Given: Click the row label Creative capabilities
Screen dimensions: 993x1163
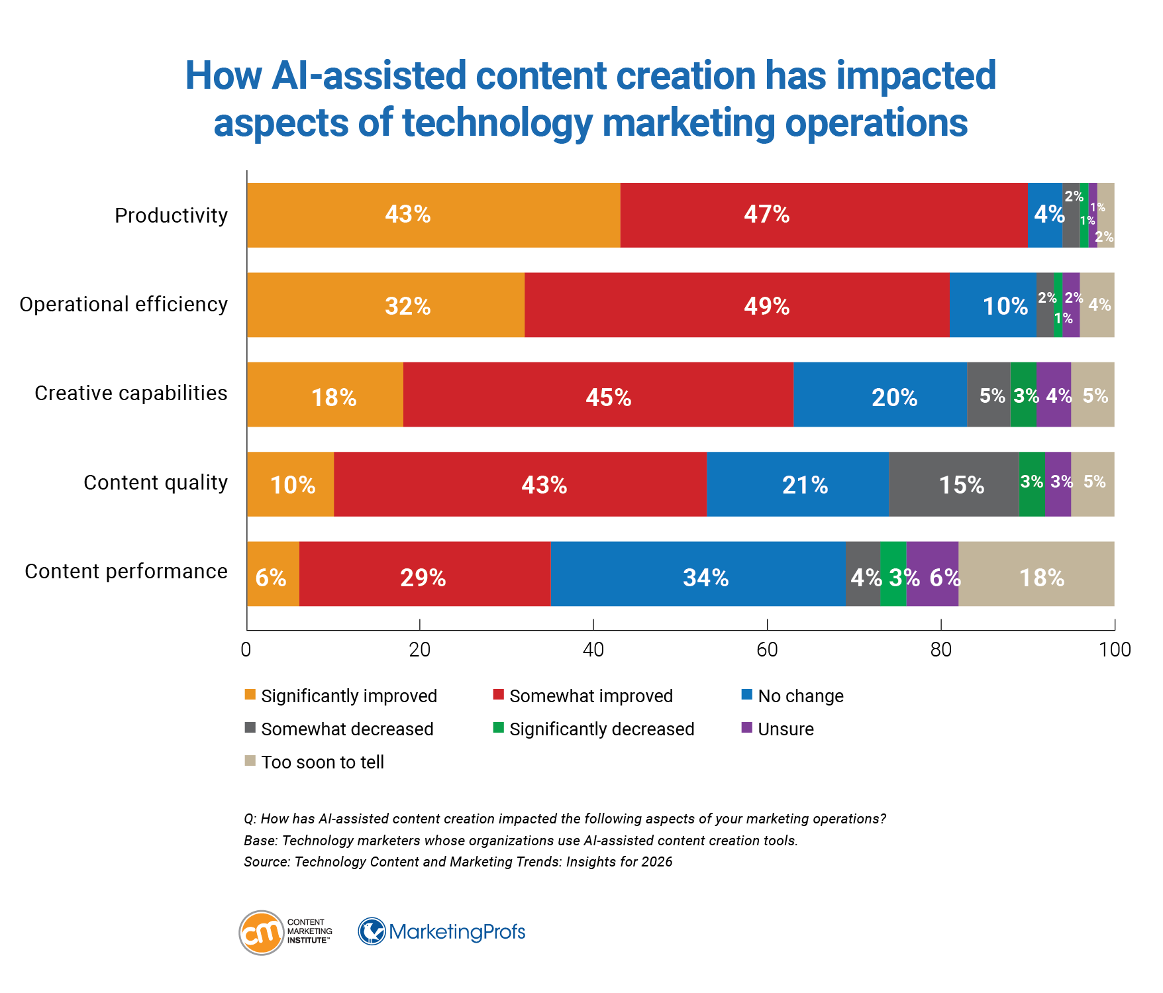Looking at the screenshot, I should [x=130, y=393].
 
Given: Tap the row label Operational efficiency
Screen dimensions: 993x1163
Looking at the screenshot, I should [x=123, y=305].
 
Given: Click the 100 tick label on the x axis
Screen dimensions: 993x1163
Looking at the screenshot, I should [x=1115, y=650].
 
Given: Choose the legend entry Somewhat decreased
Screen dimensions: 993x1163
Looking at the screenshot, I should [x=346, y=729].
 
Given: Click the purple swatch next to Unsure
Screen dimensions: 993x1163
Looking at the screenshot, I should [x=747, y=728].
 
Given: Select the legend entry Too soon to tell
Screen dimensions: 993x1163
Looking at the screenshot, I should [x=322, y=762].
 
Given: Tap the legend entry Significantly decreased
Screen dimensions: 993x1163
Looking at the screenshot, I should [x=601, y=729].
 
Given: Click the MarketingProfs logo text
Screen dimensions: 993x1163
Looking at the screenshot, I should [x=456, y=932].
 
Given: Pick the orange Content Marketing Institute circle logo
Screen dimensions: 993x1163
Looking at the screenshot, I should [x=262, y=933].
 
